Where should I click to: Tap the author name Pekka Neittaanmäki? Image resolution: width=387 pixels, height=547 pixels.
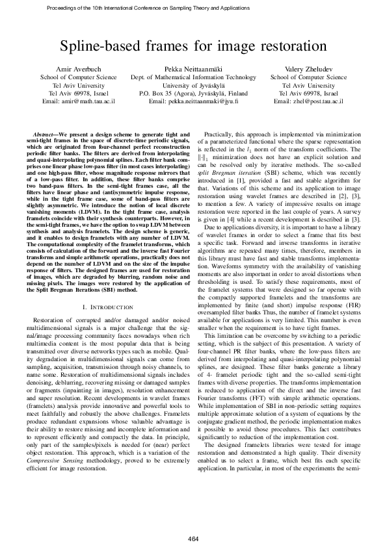pos(193,68)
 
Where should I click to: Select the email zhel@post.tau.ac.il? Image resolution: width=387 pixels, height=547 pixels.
pos(317,102)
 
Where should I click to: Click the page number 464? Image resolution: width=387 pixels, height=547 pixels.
pos(193,521)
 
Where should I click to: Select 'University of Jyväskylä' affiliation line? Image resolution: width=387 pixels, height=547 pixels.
pos(193,85)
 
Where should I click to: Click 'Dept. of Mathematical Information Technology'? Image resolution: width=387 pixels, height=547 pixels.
pos(193,77)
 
